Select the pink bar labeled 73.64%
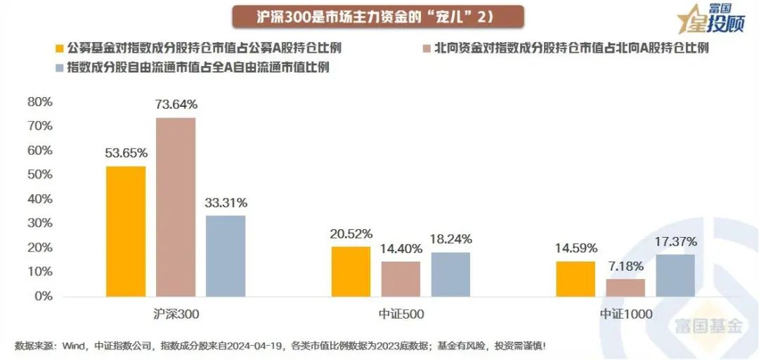tap(176, 207)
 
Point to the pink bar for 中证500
tap(401, 278)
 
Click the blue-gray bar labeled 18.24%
tap(450, 274)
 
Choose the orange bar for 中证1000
tap(575, 278)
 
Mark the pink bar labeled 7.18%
tap(625, 287)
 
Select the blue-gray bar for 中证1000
tap(675, 275)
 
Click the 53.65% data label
tap(126, 153)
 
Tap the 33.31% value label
tap(226, 202)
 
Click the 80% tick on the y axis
tap(40, 101)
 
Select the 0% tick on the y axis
tap(44, 296)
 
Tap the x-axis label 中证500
tap(401, 314)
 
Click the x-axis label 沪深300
tap(176, 314)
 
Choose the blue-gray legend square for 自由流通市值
tap(60, 68)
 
